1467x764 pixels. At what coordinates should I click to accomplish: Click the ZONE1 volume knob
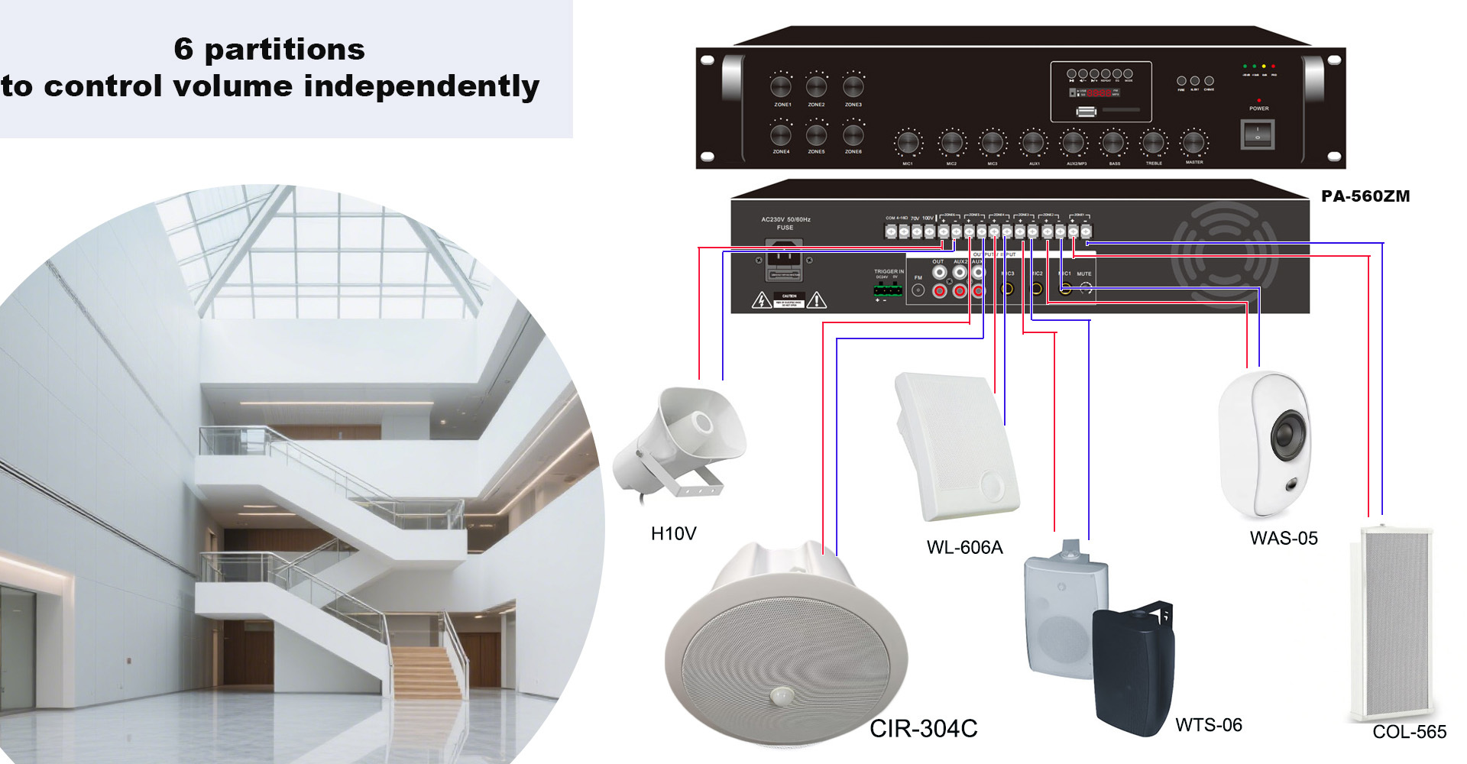781,86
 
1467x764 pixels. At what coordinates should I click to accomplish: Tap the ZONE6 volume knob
853,135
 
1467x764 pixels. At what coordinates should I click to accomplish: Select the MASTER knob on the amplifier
1193,143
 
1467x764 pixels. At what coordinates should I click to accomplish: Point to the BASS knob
1113,143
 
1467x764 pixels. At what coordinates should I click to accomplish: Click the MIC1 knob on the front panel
908,143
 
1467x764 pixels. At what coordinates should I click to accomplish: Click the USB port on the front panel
1086,112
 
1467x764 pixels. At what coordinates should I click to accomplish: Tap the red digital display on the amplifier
1099,93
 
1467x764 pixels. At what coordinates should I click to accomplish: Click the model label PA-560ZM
1365,196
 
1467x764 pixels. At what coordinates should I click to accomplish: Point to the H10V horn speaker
678,443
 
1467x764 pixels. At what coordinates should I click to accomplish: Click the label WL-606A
964,547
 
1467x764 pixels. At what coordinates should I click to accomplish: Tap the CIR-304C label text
923,729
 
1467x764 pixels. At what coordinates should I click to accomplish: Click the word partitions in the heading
284,50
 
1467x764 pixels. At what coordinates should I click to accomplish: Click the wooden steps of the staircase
426,672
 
